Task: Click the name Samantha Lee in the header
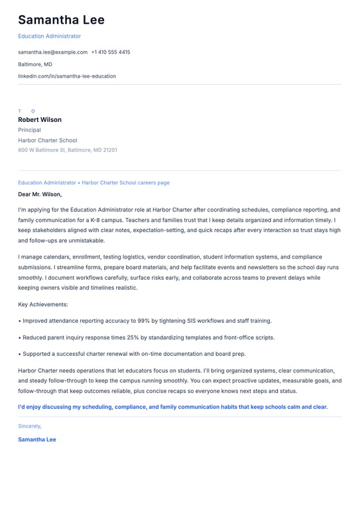coord(61,21)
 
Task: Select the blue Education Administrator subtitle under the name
coord(49,36)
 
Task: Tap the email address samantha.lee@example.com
coord(52,52)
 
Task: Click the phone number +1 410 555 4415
coord(111,52)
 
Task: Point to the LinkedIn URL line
coord(67,76)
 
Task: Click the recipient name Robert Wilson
coord(40,120)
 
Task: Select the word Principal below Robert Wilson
coord(29,130)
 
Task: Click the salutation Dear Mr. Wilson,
coord(40,194)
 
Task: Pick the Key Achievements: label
coord(43,304)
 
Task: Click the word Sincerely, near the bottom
coord(30,426)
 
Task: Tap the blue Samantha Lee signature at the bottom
coord(37,439)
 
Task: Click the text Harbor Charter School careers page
coord(126,182)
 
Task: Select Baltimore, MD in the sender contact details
coord(35,64)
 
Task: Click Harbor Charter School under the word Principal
coord(48,141)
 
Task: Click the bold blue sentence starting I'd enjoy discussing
coord(172,407)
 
